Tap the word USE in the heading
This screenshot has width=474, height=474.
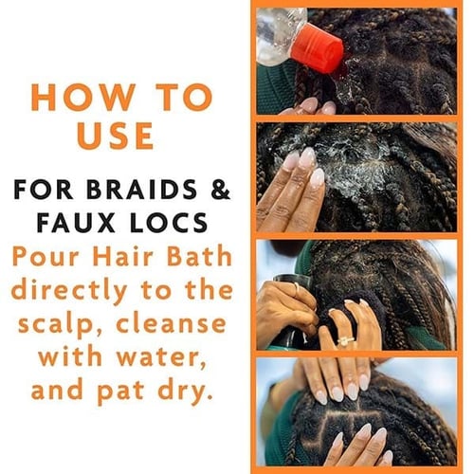point(116,136)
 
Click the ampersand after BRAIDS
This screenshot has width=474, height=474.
point(220,190)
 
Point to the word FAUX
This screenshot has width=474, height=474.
point(76,223)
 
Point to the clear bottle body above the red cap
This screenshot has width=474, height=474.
point(280,36)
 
